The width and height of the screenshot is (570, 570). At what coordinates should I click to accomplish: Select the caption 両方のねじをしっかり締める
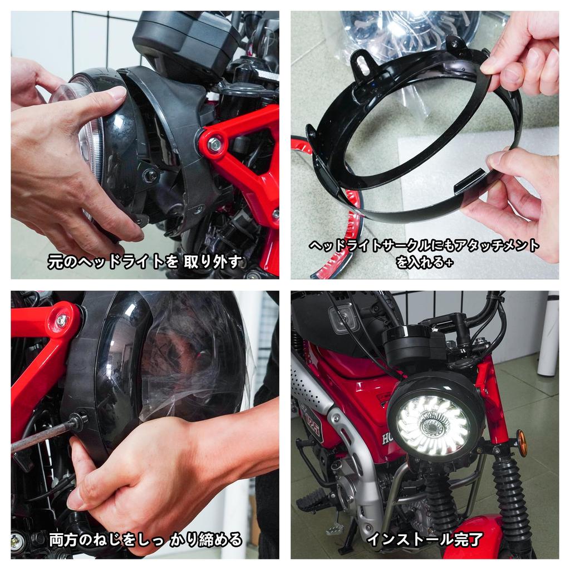pyautogui.click(x=145, y=539)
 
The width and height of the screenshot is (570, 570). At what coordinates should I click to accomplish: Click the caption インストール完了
pyautogui.click(x=425, y=539)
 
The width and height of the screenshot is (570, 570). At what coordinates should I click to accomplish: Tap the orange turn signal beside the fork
pyautogui.click(x=522, y=443)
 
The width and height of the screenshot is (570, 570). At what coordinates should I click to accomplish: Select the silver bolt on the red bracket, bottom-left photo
pyautogui.click(x=62, y=321)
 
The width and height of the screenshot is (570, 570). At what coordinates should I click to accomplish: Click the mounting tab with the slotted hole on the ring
pyautogui.click(x=362, y=61)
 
